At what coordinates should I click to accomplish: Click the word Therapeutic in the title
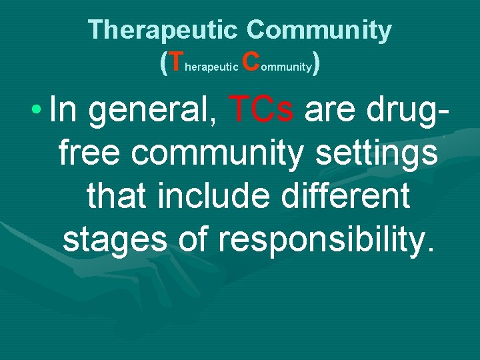point(163,30)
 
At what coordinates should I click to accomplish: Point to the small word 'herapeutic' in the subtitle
point(210,67)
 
